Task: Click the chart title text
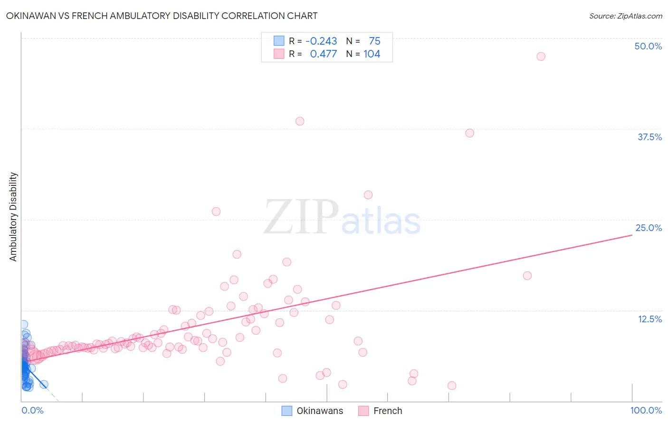pyautogui.click(x=162, y=16)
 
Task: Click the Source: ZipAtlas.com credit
pyautogui.click(x=625, y=16)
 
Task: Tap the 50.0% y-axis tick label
pyautogui.click(x=648, y=46)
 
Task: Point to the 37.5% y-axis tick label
pyautogui.click(x=649, y=137)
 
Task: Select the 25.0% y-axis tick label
pyautogui.click(x=649, y=228)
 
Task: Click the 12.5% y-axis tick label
pyautogui.click(x=649, y=319)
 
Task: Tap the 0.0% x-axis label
pyautogui.click(x=32, y=410)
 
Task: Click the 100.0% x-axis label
pyautogui.click(x=646, y=410)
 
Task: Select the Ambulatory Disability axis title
pyautogui.click(x=13, y=217)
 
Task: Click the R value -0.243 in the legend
pyautogui.click(x=321, y=41)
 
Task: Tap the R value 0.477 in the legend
pyautogui.click(x=323, y=54)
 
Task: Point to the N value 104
pyautogui.click(x=372, y=54)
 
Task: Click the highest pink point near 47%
pyautogui.click(x=541, y=57)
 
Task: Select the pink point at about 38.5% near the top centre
pyautogui.click(x=300, y=121)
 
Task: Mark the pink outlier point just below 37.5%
pyautogui.click(x=470, y=133)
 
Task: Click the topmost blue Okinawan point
pyautogui.click(x=24, y=325)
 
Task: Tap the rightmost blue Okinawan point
pyautogui.click(x=44, y=385)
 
